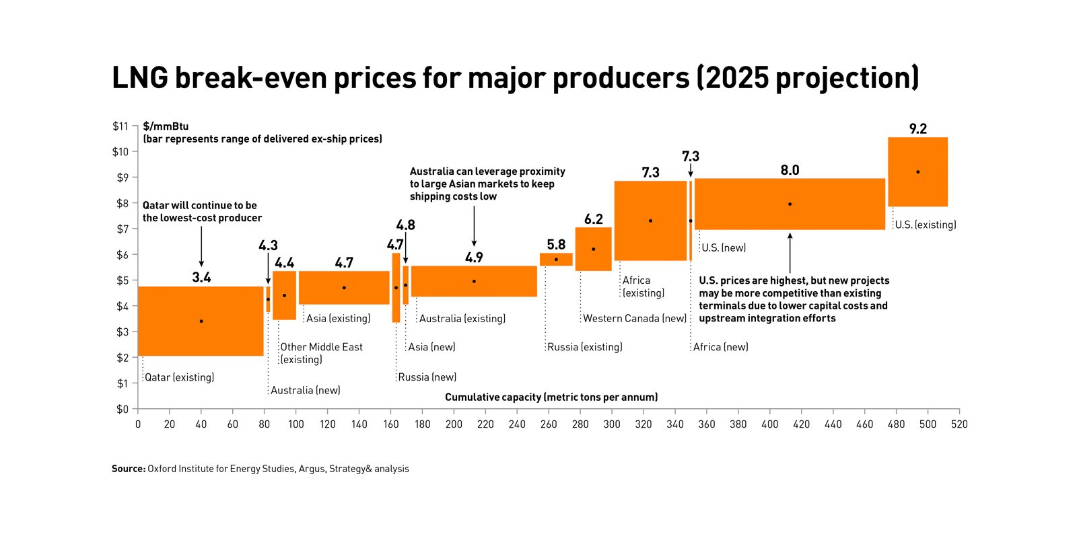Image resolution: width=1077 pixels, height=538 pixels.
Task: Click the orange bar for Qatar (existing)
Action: coord(201,321)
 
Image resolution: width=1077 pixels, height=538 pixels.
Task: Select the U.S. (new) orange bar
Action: coord(790,204)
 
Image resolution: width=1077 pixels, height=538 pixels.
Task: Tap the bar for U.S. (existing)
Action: coord(917,172)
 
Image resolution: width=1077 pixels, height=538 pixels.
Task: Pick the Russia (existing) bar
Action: coord(556,260)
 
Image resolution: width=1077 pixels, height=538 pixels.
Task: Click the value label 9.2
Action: coord(917,129)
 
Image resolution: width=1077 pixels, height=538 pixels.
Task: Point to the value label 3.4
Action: coord(201,278)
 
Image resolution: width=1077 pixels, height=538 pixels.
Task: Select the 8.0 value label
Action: coord(790,170)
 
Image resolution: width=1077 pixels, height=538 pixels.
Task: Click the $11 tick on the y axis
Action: coord(120,126)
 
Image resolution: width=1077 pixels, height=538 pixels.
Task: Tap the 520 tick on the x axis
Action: coord(959,424)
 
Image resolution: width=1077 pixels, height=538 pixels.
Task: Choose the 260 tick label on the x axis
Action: coord(549,424)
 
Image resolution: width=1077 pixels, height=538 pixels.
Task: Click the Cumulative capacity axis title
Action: coord(551,397)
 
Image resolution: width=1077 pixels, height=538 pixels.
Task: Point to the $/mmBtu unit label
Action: coord(166,126)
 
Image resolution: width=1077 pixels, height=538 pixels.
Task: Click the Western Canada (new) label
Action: coord(635,319)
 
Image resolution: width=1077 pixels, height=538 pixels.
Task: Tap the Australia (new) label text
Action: coord(306,391)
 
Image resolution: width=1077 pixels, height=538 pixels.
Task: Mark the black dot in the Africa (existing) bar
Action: coord(650,221)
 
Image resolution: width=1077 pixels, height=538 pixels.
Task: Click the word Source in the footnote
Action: coord(128,469)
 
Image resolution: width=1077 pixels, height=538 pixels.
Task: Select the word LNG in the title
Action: coord(140,78)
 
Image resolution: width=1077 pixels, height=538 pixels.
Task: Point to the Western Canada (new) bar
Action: coord(593,249)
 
